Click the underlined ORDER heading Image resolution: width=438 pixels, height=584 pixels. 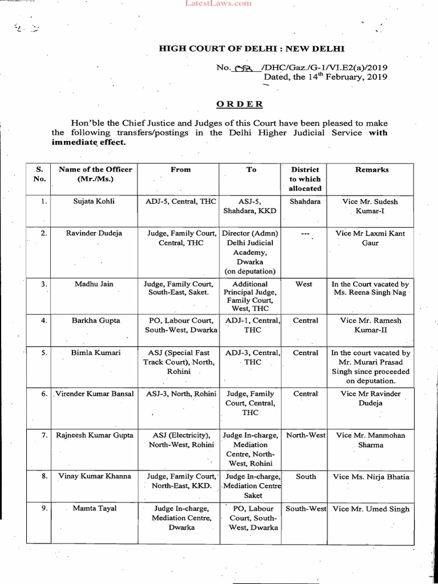tap(240, 104)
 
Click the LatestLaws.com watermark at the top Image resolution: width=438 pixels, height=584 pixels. tap(219, 3)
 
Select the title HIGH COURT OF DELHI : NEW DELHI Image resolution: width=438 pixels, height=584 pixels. tap(252, 49)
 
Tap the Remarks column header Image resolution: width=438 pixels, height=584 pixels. tap(372, 169)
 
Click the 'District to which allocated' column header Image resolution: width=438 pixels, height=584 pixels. tap(305, 179)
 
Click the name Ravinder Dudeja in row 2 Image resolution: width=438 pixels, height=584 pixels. tap(94, 233)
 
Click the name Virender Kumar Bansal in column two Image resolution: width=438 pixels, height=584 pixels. tap(95, 394)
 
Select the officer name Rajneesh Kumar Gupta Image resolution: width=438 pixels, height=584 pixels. tap(95, 435)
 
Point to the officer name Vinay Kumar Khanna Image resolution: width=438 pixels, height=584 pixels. tap(95, 476)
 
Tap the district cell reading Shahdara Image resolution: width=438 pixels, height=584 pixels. tap(305, 201)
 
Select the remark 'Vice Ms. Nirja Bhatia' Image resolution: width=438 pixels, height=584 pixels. tap(371, 477)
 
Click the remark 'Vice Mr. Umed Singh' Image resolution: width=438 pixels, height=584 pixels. tap(371, 509)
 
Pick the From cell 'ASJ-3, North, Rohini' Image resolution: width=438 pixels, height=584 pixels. tap(181, 394)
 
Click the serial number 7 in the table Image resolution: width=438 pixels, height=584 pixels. tap(44, 435)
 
